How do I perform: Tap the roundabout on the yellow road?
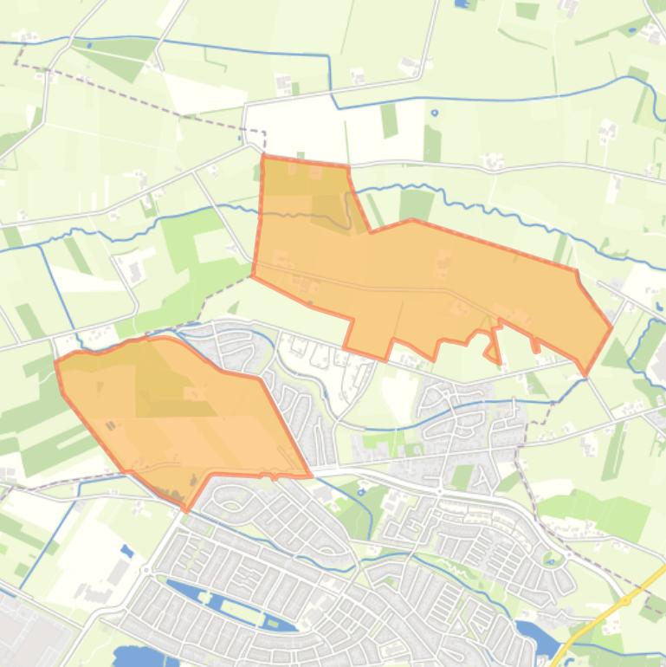(624, 599)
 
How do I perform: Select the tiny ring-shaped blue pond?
(435, 113)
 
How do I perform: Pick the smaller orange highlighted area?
(182, 407)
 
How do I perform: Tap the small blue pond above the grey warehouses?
(128, 550)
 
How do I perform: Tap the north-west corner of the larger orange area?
(262, 157)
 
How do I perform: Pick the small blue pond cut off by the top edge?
(464, 3)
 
